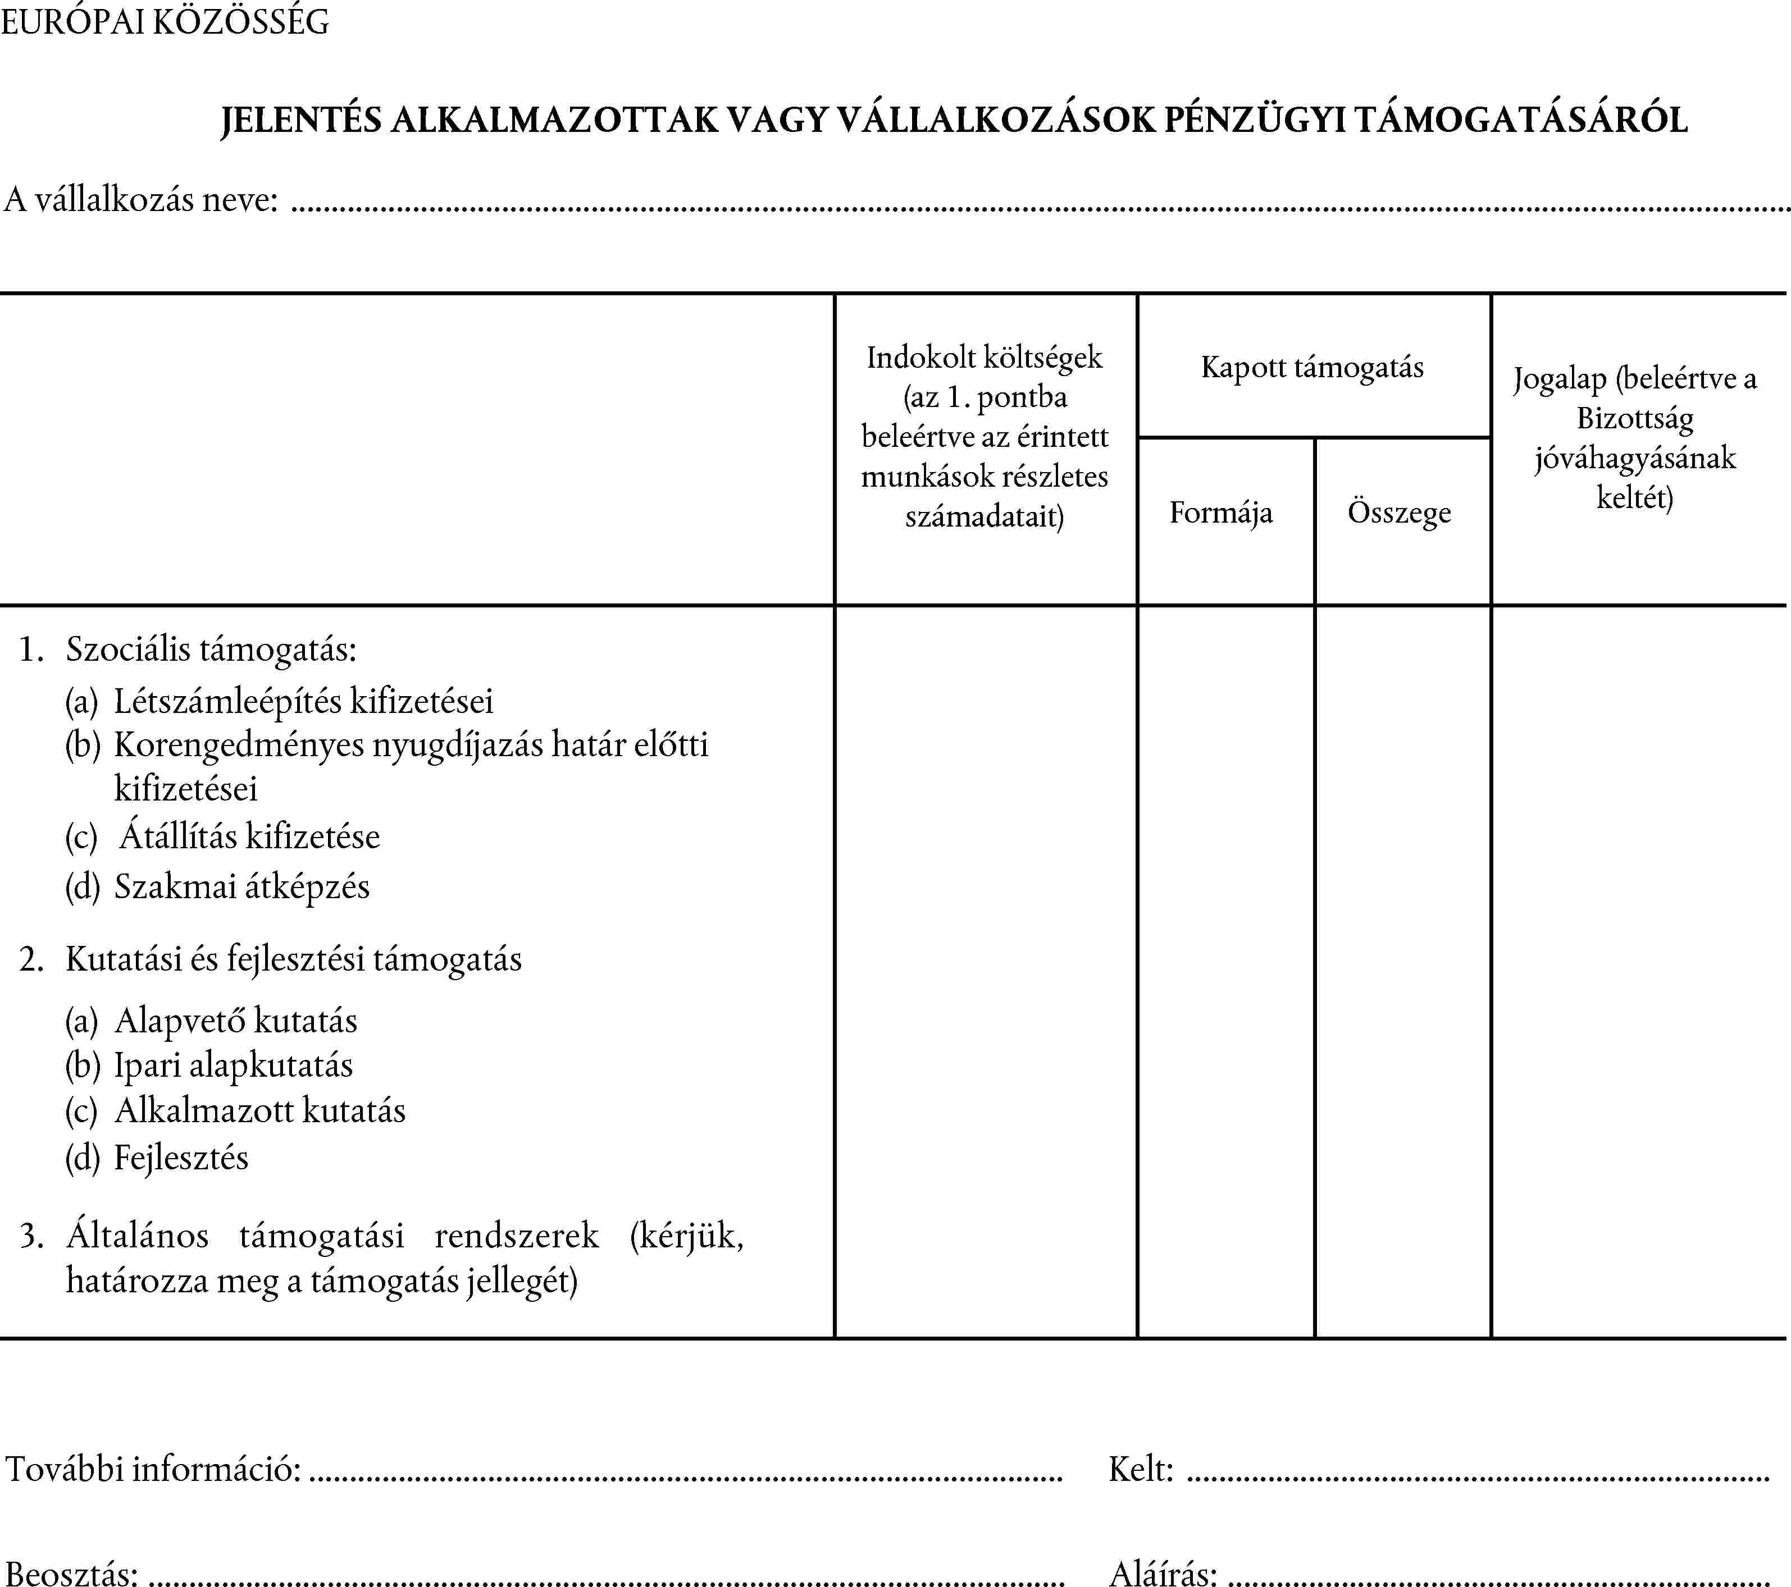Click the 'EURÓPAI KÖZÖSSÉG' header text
coord(165,22)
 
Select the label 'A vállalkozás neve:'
coord(141,200)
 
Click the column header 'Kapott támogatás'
coord(1312,367)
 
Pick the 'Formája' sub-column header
coord(1220,513)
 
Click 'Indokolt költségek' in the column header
coord(984,358)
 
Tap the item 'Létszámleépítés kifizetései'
coord(303,701)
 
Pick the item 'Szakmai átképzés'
coord(242,886)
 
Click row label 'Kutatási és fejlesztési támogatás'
coord(294,959)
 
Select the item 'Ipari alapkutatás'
coord(233,1065)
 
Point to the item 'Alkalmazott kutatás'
coord(259,1110)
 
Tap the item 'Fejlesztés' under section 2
coord(181,1158)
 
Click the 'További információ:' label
coord(153,1469)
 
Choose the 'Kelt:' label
coord(1140,1469)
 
